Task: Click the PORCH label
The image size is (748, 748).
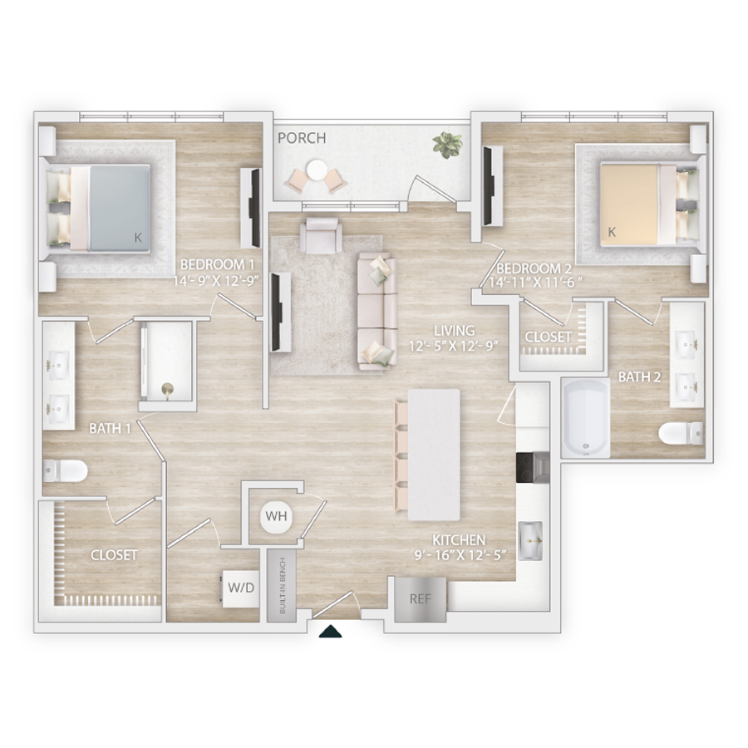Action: pos(302,138)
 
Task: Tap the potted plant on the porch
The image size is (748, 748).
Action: pos(447,145)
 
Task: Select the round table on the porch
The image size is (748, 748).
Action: pos(317,170)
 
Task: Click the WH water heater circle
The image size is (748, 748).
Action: pos(276,516)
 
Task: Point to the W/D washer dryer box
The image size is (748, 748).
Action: pos(241,588)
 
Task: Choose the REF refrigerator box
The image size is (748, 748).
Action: pos(421,599)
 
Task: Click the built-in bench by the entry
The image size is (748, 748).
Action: pos(282,586)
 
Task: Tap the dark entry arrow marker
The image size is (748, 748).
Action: pos(330,632)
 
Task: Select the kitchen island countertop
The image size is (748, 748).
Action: pos(434,455)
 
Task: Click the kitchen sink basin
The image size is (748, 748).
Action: pos(530,540)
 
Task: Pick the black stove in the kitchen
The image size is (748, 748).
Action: pos(533,468)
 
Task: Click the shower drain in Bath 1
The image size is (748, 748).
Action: pos(167,390)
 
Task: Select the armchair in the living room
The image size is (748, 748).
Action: pos(321,235)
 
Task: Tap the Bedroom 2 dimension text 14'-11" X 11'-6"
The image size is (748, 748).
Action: pos(537,283)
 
